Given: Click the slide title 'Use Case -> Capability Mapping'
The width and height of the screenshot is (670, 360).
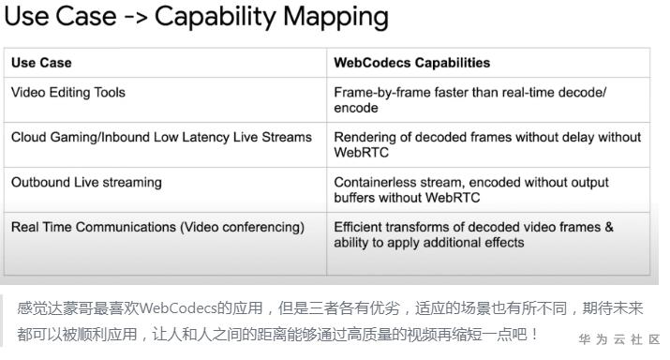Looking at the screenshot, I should click(194, 17).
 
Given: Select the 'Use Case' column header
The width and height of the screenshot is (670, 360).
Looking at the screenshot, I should click(41, 63).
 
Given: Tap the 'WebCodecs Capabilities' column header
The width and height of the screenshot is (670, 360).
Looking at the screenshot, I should click(411, 63).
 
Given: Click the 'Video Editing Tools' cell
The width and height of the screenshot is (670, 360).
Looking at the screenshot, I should click(67, 93).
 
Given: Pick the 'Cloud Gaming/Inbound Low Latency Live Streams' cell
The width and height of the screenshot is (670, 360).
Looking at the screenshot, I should click(161, 138).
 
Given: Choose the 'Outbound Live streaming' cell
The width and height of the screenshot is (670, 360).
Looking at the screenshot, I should click(86, 182).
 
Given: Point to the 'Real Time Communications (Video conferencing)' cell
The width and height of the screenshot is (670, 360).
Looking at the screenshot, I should click(157, 227).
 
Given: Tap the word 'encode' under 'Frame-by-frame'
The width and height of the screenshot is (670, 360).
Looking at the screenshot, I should click(357, 108).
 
